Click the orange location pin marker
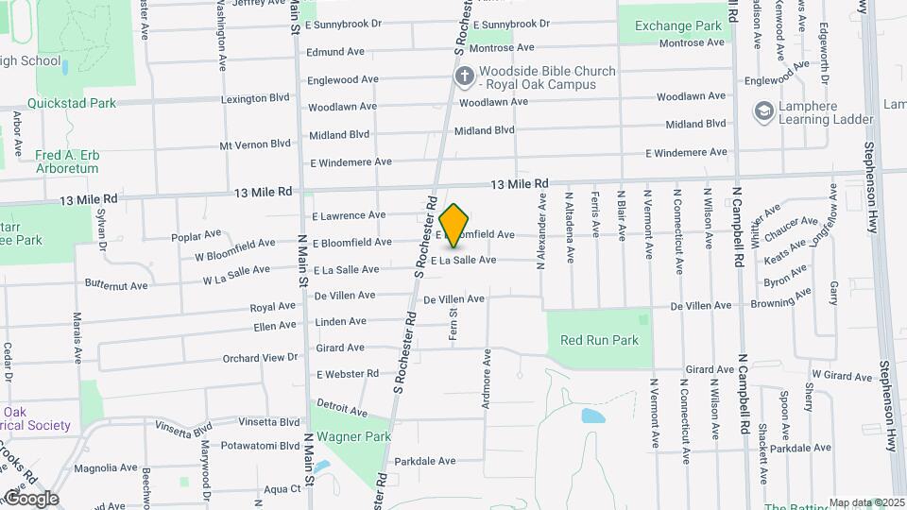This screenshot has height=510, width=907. [454, 225]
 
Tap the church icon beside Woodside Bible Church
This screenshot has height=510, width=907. [464, 76]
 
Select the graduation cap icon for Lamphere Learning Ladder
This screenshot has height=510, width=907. [762, 112]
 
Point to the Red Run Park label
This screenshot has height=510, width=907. [599, 340]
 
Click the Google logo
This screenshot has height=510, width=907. [30, 499]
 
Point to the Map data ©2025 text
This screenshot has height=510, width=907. [865, 502]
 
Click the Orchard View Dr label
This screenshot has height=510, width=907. [260, 358]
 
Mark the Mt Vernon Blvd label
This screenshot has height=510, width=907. [254, 144]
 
